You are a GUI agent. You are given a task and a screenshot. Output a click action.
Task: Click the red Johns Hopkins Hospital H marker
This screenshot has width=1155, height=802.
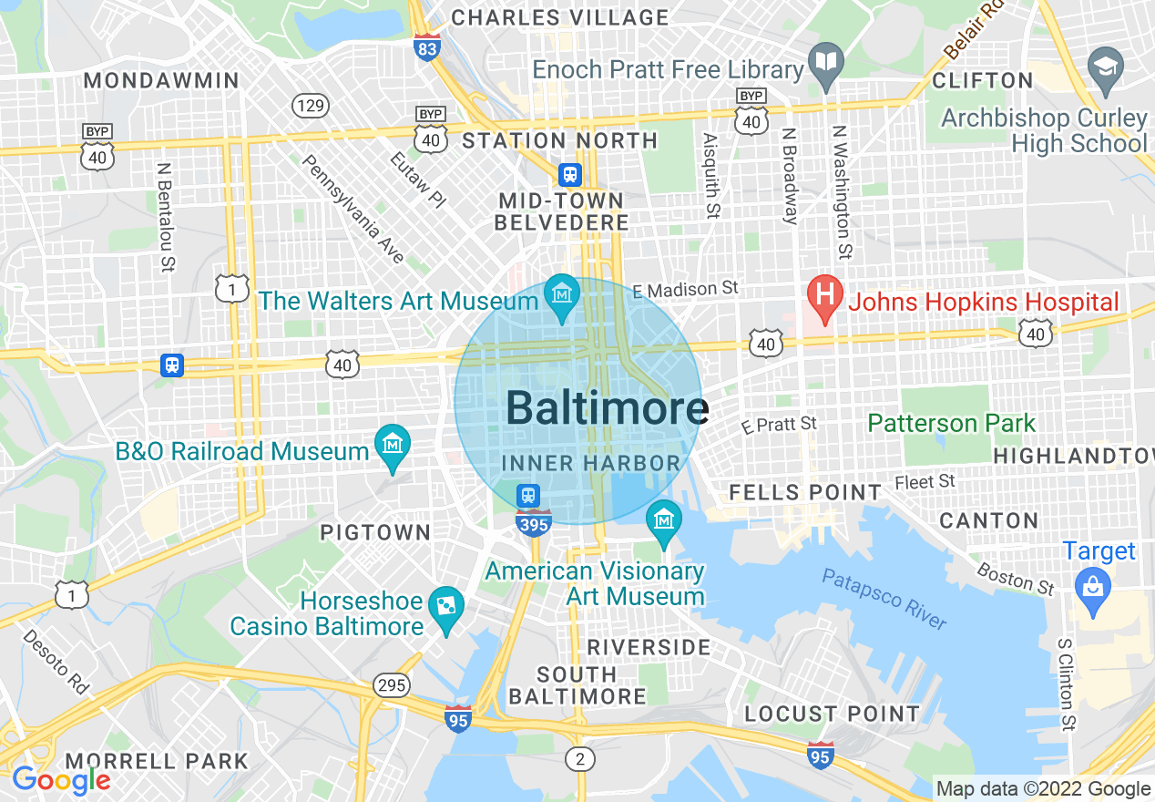(x=824, y=297)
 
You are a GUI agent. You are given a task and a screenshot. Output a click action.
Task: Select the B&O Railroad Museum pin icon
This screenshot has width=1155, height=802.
(x=393, y=446)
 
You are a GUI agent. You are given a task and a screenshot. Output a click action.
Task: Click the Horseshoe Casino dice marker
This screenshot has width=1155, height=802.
(x=446, y=606)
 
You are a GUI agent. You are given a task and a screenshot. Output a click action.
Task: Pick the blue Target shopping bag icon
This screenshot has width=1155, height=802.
(x=1092, y=584)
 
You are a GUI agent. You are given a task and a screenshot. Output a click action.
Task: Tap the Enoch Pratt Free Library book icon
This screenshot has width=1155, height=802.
(x=827, y=63)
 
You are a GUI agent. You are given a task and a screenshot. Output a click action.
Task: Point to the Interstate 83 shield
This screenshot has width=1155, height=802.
(x=426, y=46)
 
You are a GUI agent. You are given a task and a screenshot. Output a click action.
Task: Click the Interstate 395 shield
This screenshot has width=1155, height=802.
(x=533, y=523)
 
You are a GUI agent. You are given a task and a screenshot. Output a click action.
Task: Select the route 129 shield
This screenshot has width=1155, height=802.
(x=311, y=106)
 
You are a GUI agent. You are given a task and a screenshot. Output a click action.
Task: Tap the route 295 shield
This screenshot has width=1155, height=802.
(x=392, y=684)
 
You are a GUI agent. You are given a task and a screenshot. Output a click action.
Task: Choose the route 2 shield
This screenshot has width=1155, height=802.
(x=579, y=757)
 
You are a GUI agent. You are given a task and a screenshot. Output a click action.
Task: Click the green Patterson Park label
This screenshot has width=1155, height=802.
(x=952, y=423)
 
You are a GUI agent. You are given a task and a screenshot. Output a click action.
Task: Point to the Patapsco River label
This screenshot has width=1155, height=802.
(x=884, y=598)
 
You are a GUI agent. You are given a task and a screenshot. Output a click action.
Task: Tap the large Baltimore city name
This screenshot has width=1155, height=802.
(x=607, y=408)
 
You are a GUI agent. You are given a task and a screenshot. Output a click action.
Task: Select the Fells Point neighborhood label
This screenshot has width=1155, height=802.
(x=805, y=493)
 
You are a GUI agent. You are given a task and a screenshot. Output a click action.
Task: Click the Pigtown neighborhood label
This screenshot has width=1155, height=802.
(x=375, y=532)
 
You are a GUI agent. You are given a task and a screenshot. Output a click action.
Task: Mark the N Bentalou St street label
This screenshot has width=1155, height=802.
(x=165, y=217)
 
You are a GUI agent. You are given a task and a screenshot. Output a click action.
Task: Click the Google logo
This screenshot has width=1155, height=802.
(x=61, y=779)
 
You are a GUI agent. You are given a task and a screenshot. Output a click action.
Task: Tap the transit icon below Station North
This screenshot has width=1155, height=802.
(x=570, y=173)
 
